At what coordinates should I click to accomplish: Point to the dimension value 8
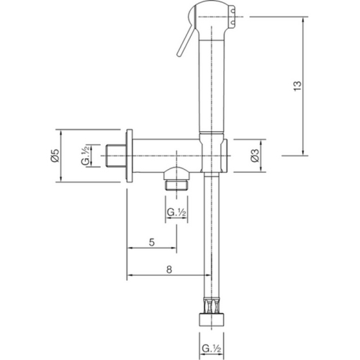(168, 269)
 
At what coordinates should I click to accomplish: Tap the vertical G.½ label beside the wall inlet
(86, 156)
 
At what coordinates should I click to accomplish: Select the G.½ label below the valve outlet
(177, 212)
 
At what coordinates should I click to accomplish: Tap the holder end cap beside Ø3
(227, 155)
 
